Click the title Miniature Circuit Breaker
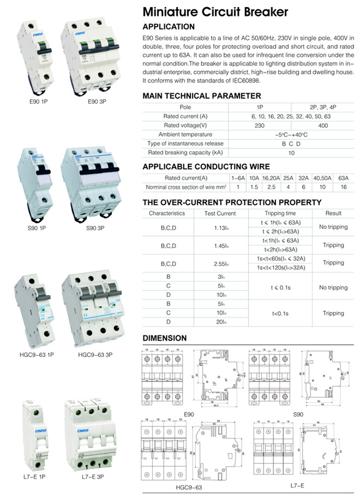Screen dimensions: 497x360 click(x=215, y=12)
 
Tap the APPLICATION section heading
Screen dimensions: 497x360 click(x=169, y=27)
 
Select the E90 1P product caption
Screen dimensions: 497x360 click(x=39, y=101)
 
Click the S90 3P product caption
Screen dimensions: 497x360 click(x=95, y=228)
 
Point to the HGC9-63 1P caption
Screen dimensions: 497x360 click(x=36, y=355)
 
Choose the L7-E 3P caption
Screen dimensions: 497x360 click(x=93, y=477)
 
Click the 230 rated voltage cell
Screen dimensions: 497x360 click(x=259, y=126)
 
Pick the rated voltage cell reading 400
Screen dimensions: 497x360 click(x=323, y=126)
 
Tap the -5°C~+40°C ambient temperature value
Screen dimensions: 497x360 click(x=291, y=135)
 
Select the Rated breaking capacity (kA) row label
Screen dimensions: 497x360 click(x=185, y=152)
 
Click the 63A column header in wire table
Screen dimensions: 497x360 click(x=343, y=178)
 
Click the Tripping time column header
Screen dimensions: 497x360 click(x=280, y=213)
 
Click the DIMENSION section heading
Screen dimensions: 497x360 click(x=165, y=338)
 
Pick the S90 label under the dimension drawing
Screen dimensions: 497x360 click(x=298, y=414)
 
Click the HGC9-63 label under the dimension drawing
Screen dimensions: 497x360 click(x=189, y=487)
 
